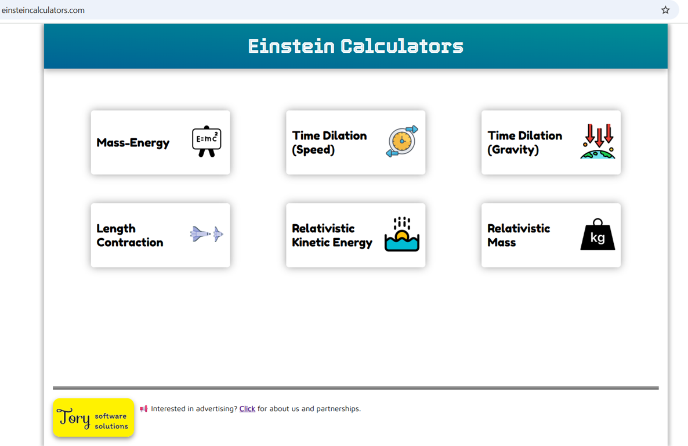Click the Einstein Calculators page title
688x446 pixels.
pyautogui.click(x=356, y=46)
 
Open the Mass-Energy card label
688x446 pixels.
pyautogui.click(x=133, y=143)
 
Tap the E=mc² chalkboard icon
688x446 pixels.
pyautogui.click(x=207, y=141)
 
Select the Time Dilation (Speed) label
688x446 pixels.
pyautogui.click(x=329, y=143)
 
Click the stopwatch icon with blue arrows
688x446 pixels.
pyautogui.click(x=402, y=141)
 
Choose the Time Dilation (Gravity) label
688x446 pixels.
pyautogui.click(x=524, y=143)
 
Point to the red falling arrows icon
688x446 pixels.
pyautogui.click(x=598, y=141)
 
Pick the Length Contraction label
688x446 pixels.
pyautogui.click(x=129, y=235)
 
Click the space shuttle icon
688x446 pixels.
pyautogui.click(x=207, y=234)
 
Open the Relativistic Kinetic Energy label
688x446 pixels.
pyautogui.click(x=332, y=235)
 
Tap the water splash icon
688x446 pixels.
pyautogui.click(x=402, y=235)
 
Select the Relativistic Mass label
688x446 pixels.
pyautogui.click(x=518, y=235)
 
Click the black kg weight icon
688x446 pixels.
pyautogui.click(x=598, y=235)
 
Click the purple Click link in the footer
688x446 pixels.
pyautogui.click(x=247, y=409)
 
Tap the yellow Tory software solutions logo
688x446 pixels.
pyautogui.click(x=93, y=418)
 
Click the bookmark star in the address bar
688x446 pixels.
pyautogui.click(x=665, y=10)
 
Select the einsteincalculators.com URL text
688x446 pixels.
pyautogui.click(x=43, y=10)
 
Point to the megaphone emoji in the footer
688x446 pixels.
pyautogui.click(x=144, y=409)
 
